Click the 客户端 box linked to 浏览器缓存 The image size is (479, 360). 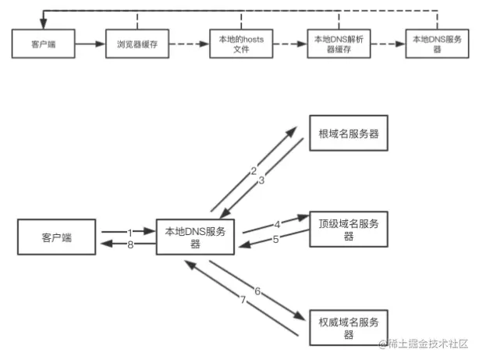(44, 44)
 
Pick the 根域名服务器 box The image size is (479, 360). (349, 134)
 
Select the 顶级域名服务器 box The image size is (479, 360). (349, 229)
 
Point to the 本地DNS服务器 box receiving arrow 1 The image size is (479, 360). (195, 236)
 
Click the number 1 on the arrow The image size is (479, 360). (130, 231)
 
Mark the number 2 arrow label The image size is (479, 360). (253, 171)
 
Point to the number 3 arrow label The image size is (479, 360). (262, 180)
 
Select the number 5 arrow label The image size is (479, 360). (275, 240)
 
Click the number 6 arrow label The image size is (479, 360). (257, 290)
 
